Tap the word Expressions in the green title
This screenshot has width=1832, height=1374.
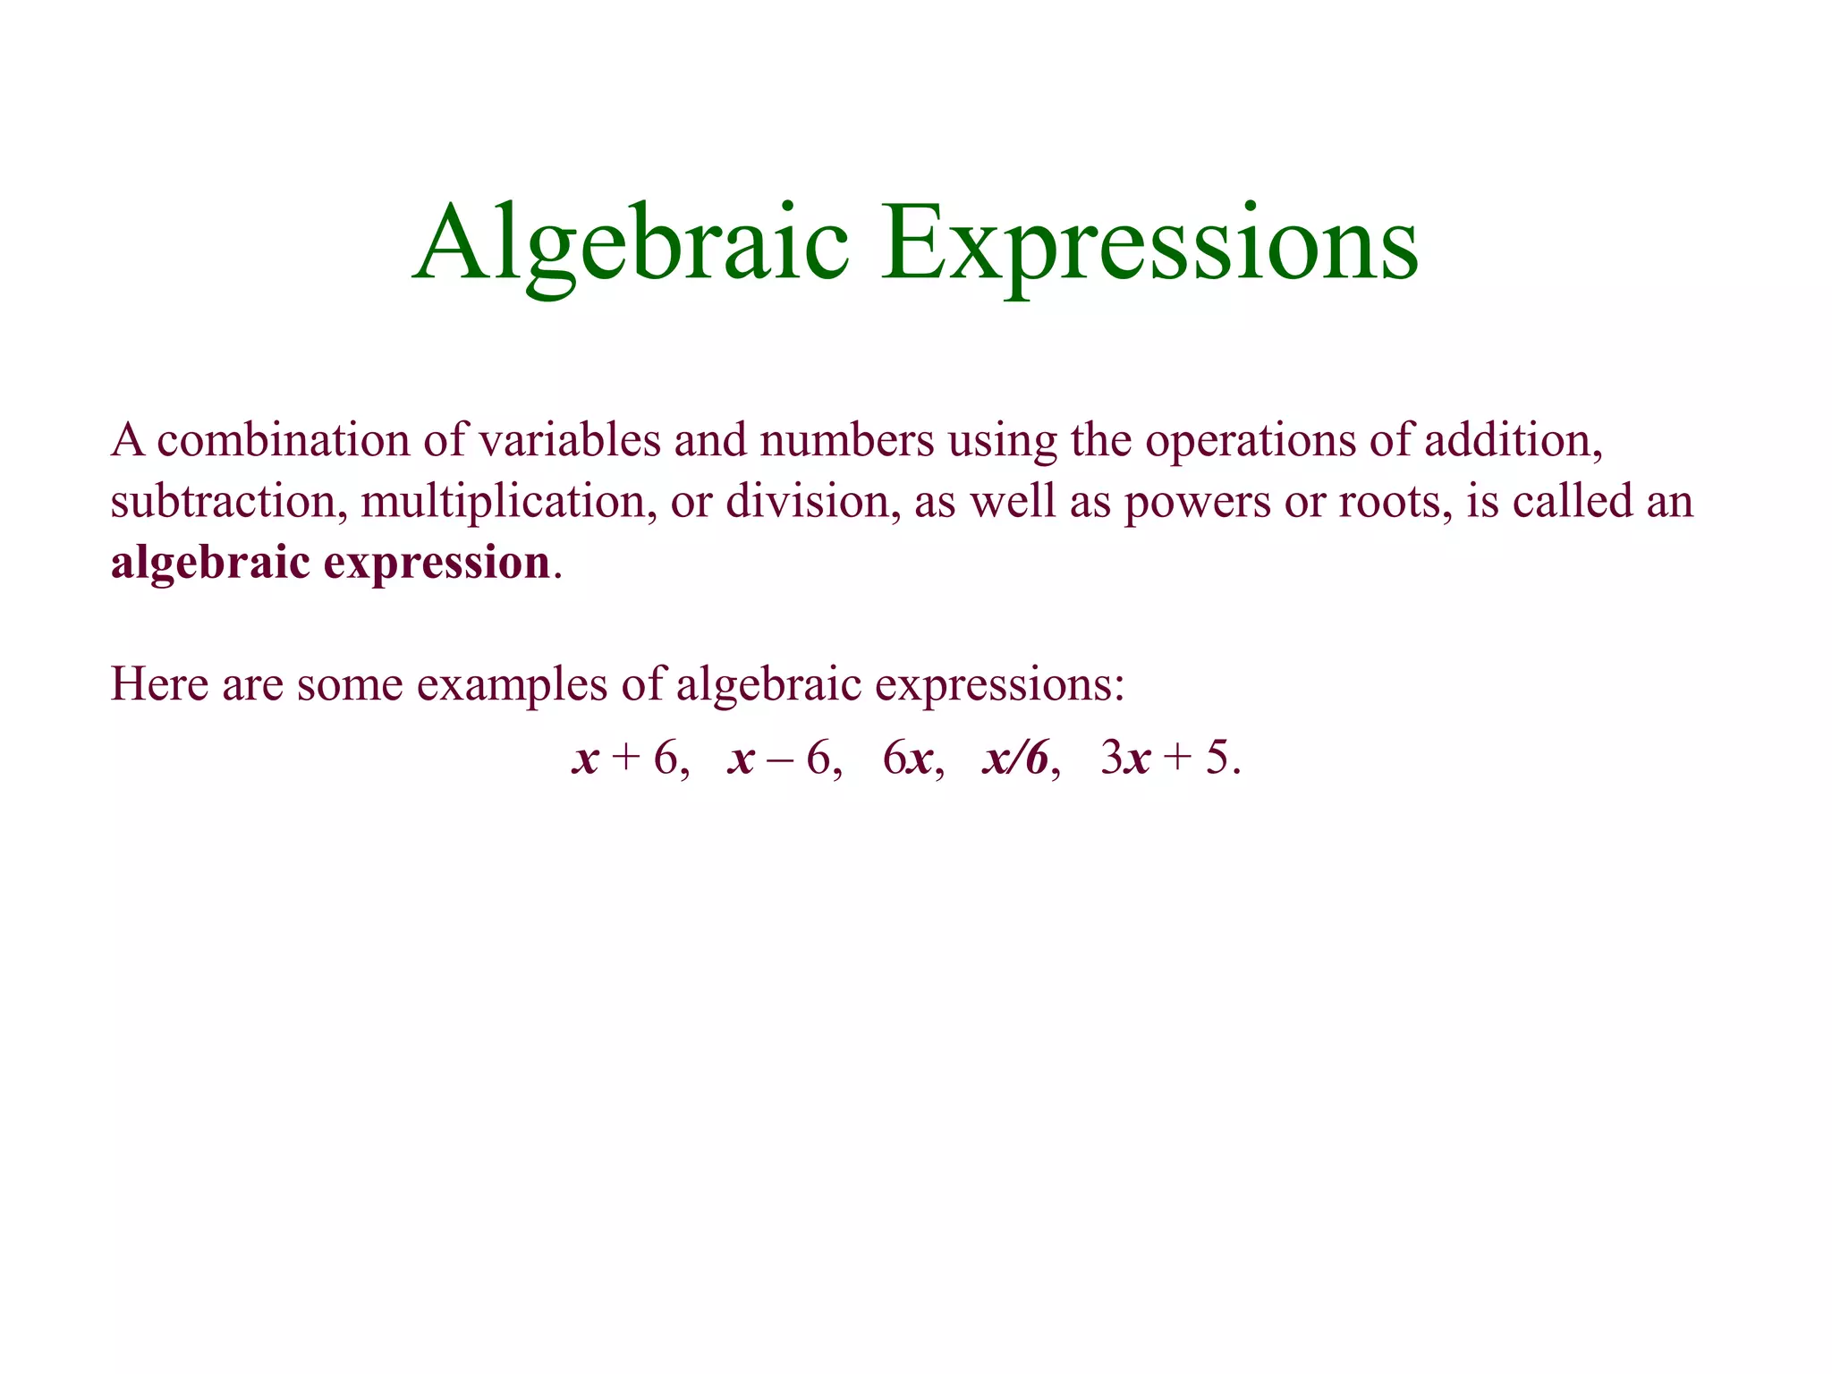[x=1149, y=243]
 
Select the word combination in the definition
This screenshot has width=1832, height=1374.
[x=284, y=441]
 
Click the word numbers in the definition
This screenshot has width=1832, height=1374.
[x=846, y=441]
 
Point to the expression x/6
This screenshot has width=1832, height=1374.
[x=1016, y=759]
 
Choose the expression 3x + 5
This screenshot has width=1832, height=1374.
[x=1168, y=759]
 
